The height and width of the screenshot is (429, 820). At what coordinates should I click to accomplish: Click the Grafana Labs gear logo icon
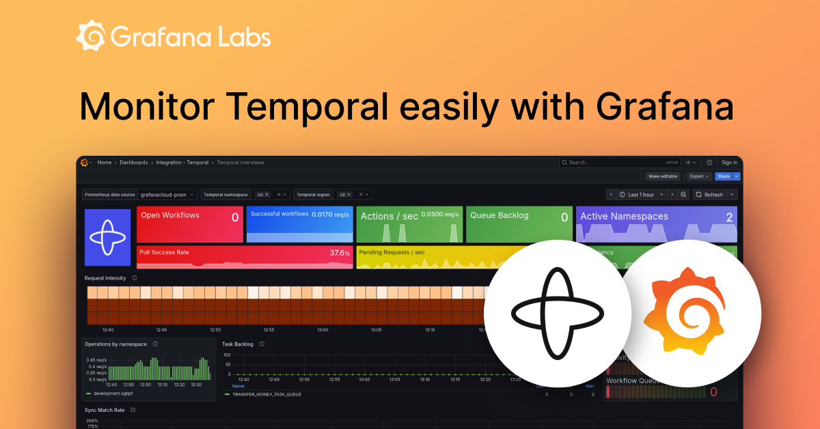[91, 36]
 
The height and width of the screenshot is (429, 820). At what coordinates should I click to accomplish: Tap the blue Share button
[723, 176]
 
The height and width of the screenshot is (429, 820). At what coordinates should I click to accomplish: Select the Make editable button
[662, 176]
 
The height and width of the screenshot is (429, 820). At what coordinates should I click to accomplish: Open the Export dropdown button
[699, 176]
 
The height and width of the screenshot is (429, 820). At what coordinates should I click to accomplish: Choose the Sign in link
[729, 163]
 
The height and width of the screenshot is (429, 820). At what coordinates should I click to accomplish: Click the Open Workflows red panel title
[170, 215]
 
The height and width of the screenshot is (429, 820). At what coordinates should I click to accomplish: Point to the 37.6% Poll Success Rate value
[340, 253]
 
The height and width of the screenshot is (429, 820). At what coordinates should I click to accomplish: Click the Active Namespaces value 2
[729, 217]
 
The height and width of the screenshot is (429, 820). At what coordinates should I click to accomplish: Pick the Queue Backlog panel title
[500, 215]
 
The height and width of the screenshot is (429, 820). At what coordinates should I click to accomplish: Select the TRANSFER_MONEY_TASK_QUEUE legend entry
[266, 394]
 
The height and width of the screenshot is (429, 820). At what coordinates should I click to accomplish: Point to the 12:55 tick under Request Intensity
[269, 329]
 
